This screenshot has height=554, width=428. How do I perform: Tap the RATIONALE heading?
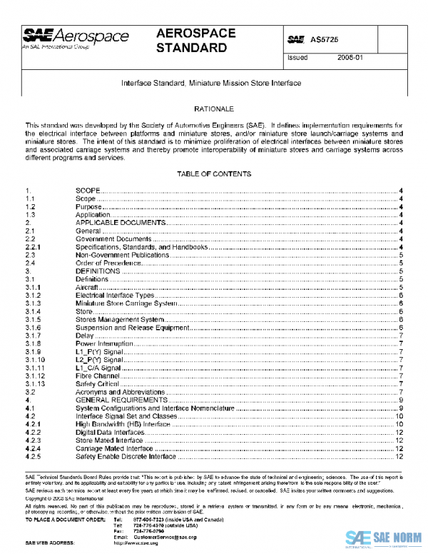pyautogui.click(x=214, y=108)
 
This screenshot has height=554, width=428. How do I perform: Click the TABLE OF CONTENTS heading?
pyautogui.click(x=214, y=174)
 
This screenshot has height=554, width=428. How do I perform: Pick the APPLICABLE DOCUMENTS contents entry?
pyautogui.click(x=121, y=223)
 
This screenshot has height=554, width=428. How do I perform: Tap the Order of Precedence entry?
pyautogui.click(x=105, y=263)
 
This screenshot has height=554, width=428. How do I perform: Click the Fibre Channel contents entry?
pyautogui.click(x=97, y=376)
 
